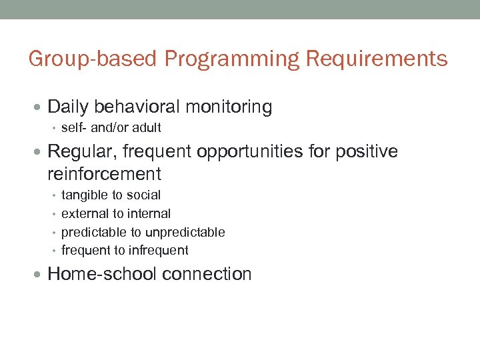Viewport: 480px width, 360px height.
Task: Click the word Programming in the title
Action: point(232,59)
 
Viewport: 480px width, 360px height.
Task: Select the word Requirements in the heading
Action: point(377,59)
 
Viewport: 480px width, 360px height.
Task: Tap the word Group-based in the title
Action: point(93,59)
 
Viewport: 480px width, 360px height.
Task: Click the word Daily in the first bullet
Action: point(69,107)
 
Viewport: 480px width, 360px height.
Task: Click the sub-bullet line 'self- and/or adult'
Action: point(111,127)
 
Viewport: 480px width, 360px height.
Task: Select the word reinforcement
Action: point(105,174)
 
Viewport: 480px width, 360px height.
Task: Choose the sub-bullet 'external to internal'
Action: point(116,213)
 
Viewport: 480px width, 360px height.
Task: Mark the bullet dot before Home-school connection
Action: point(41,274)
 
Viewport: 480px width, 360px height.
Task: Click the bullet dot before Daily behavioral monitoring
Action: point(41,107)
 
